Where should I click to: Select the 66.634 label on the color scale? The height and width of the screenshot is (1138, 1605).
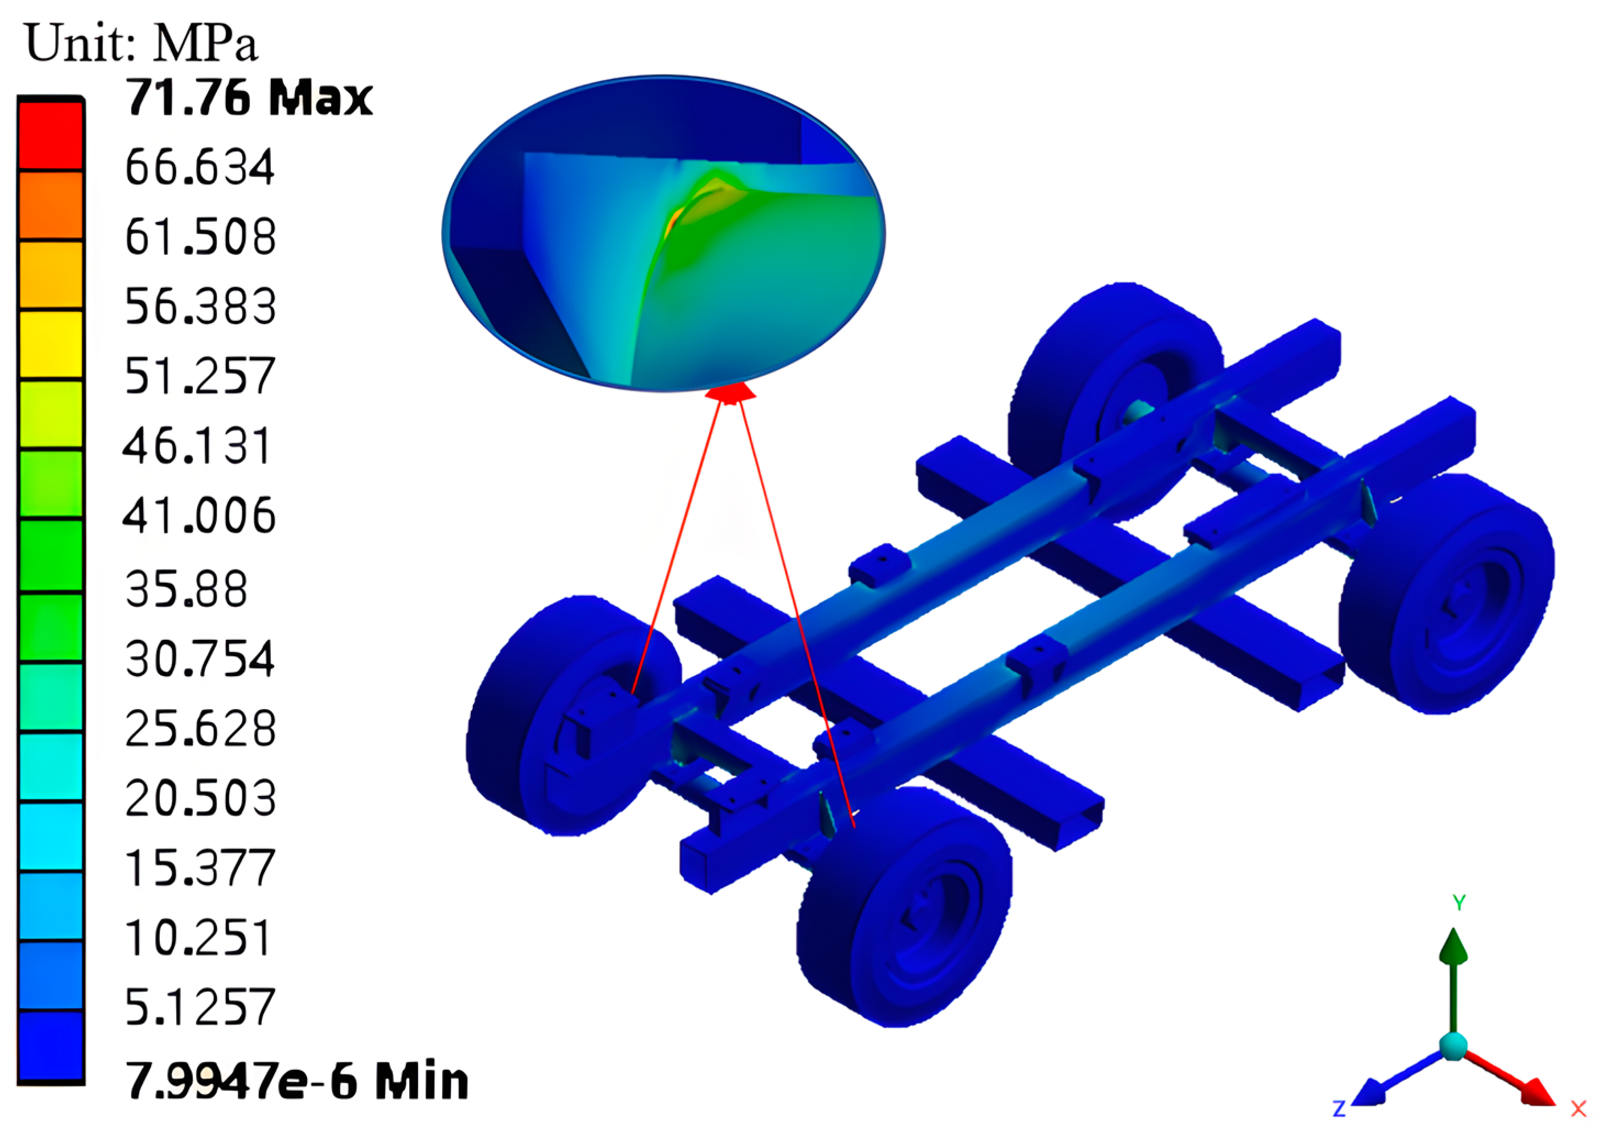tap(200, 168)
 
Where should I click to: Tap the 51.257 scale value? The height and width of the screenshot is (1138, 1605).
tap(200, 376)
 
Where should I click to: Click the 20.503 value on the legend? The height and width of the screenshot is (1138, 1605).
tap(200, 797)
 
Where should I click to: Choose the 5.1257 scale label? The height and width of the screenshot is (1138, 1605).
tap(200, 1007)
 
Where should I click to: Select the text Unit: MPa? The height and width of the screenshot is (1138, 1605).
tap(141, 43)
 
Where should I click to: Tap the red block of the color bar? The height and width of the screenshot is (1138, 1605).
tap(51, 135)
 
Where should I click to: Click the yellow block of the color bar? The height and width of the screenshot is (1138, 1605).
tap(51, 344)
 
